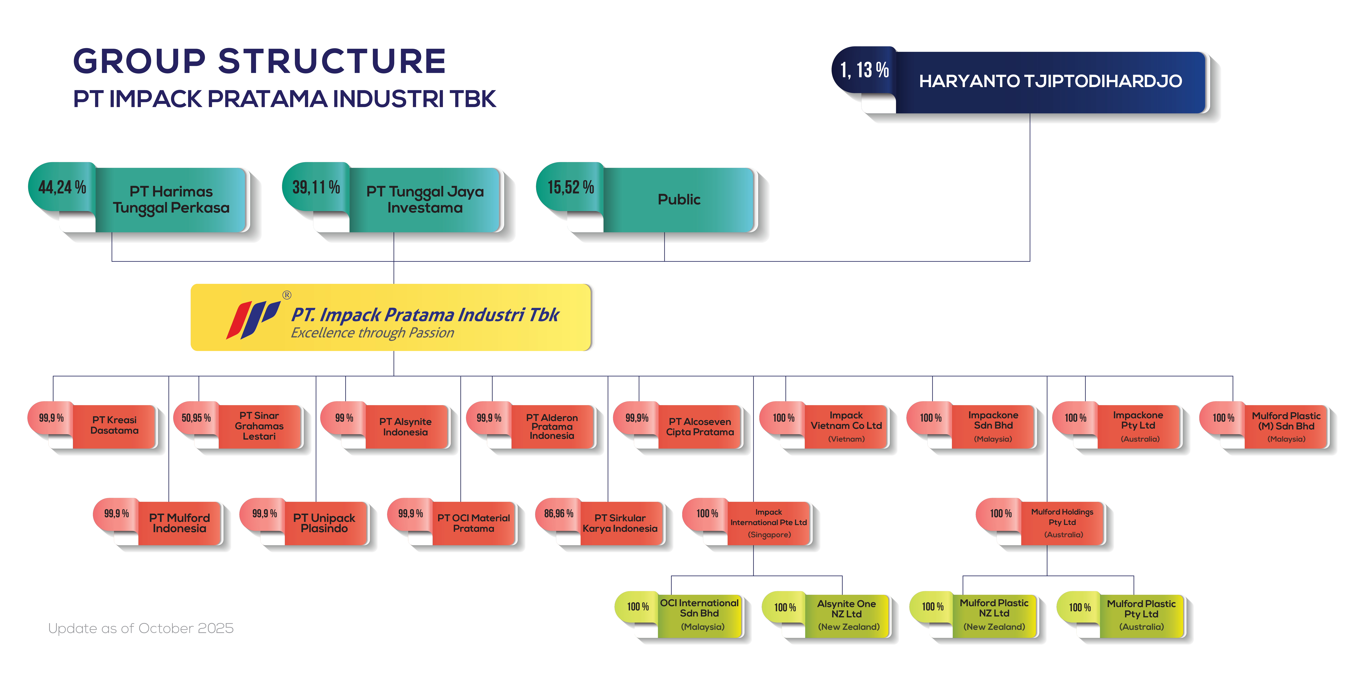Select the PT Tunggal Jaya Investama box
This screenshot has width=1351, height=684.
(x=425, y=200)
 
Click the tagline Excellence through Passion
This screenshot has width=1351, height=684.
(x=372, y=333)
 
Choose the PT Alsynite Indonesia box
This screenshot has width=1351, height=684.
(x=405, y=427)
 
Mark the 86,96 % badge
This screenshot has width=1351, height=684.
(x=559, y=514)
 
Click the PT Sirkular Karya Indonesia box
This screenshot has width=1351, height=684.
(x=620, y=523)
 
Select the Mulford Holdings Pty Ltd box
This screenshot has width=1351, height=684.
(x=1063, y=523)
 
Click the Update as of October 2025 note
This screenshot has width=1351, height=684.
(x=141, y=628)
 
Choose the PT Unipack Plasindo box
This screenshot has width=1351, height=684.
(x=324, y=523)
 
